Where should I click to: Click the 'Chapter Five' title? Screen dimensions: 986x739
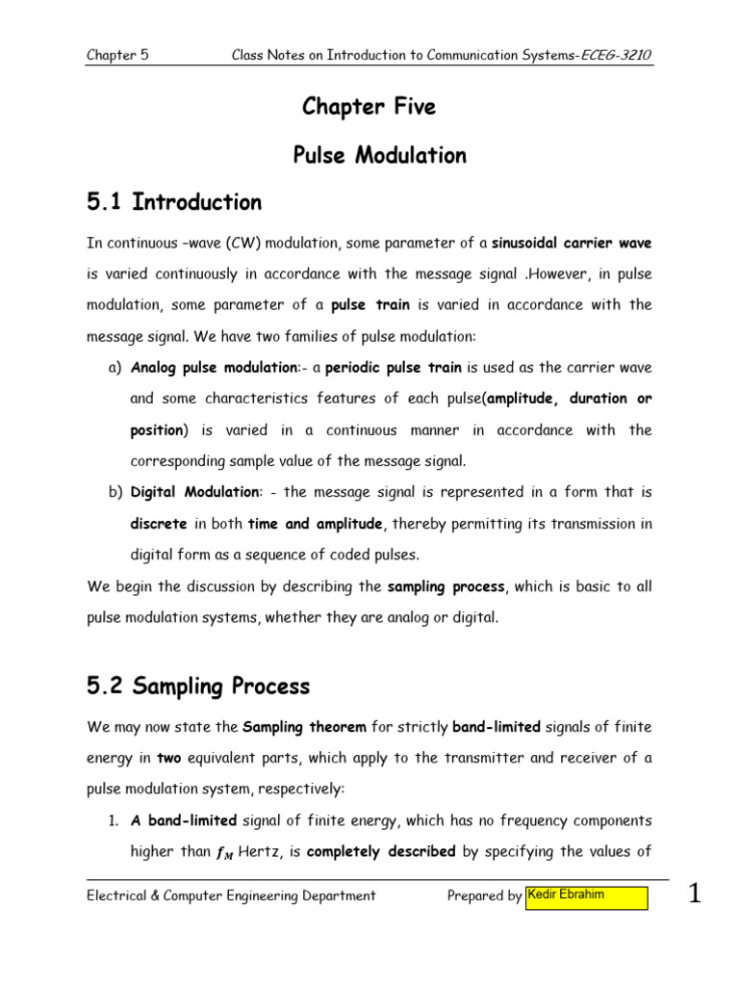pos(369,107)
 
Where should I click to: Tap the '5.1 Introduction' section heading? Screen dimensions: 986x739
pos(174,202)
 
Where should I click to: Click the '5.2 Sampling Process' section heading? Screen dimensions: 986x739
pos(198,687)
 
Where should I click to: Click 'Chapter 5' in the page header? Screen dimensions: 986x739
pos(117,55)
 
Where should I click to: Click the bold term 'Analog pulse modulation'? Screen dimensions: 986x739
pos(197,367)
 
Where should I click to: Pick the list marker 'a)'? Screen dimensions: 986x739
pos(114,367)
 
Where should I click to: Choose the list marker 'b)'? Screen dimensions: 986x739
pos(114,492)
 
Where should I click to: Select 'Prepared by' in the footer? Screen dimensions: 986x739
pos(484,896)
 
